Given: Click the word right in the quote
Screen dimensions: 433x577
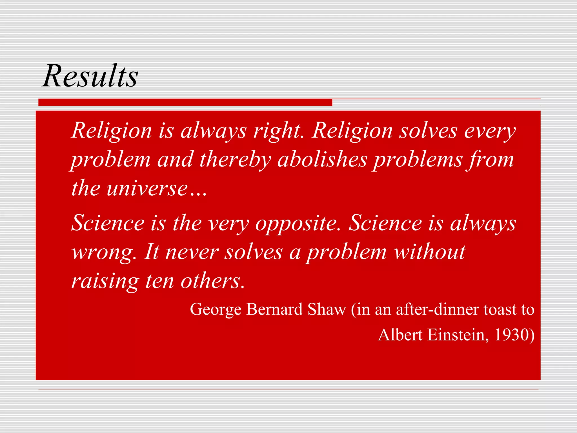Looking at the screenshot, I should point(278,131).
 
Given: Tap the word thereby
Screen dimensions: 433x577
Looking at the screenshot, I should point(235,160).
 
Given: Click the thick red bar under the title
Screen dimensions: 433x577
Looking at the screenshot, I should point(185,102).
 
